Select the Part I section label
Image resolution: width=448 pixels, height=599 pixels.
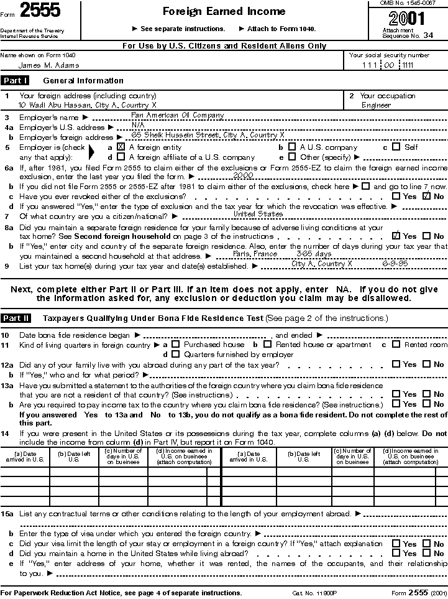pos(15,80)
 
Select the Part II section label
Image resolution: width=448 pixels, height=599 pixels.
pos(16,318)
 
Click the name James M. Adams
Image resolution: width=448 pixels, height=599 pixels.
pos(48,65)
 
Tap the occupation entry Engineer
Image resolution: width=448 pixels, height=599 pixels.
pos(376,105)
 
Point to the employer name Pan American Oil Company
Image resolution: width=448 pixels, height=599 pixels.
pos(177,115)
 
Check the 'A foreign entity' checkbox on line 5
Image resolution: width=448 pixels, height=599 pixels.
pos(121,147)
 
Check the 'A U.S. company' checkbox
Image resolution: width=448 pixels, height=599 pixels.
pos(292,147)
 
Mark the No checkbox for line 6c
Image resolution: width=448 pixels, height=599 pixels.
pos(426,196)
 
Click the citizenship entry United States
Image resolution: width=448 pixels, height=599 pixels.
pos(258,214)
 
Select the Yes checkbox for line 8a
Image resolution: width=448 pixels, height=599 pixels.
pos(396,236)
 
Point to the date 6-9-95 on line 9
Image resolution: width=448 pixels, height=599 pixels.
pos(393,264)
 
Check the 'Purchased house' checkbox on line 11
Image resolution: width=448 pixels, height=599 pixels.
pos(176,345)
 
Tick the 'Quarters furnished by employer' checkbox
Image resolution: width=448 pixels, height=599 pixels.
pos(176,355)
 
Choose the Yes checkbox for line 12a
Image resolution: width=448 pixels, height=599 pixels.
pos(396,365)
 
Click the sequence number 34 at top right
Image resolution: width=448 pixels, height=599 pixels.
pos(428,35)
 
